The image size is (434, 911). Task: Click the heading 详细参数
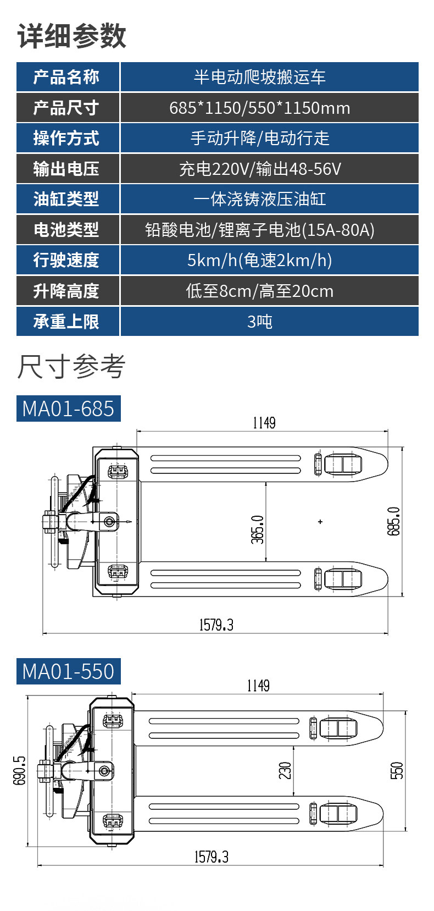(x=72, y=36)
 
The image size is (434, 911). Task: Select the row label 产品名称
(x=66, y=77)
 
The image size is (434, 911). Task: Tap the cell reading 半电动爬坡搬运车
(x=259, y=77)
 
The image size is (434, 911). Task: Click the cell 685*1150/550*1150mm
(x=259, y=108)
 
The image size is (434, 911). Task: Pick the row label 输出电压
(x=66, y=169)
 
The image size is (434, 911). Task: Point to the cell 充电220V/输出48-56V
(x=259, y=169)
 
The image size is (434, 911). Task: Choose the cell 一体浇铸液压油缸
(x=259, y=199)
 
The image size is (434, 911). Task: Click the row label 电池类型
(x=66, y=230)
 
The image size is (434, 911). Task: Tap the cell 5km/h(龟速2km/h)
(x=259, y=260)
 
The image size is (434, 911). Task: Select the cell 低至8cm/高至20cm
(x=259, y=291)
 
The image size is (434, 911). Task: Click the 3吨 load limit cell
(x=259, y=322)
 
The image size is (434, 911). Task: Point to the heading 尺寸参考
(x=71, y=367)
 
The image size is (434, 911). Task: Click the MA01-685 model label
(x=68, y=409)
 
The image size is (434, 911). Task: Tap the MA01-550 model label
(x=68, y=671)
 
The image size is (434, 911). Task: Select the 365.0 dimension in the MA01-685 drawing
(x=258, y=529)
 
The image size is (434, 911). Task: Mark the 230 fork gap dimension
(x=285, y=770)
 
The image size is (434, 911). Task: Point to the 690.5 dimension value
(x=19, y=770)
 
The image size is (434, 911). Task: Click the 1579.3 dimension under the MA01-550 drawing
(x=212, y=857)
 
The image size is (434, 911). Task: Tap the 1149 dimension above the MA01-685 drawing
(x=264, y=423)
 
